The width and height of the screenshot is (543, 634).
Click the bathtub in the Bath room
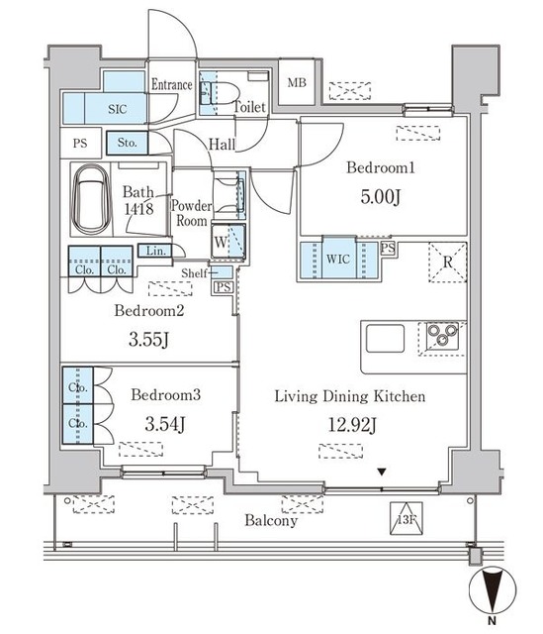[91, 199]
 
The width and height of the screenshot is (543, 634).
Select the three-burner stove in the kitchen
[442, 336]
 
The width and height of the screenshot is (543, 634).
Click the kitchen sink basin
[385, 338]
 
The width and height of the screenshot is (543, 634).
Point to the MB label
[297, 83]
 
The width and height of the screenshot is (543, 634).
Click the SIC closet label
[117, 109]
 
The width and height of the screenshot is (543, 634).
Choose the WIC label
[338, 259]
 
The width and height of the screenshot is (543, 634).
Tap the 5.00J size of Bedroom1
[381, 197]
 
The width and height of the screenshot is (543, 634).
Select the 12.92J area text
[352, 425]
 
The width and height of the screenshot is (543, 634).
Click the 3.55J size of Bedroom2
[148, 339]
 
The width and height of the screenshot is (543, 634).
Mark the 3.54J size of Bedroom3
[165, 424]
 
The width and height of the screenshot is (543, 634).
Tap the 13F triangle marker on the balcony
[407, 519]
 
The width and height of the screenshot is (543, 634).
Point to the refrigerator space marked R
[448, 262]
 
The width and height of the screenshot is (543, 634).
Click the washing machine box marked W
[228, 241]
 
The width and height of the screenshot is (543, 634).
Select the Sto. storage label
[127, 143]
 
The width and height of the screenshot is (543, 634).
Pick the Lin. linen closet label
[156, 251]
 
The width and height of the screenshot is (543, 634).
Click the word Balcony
[271, 520]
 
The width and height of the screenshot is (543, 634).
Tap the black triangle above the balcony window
[382, 472]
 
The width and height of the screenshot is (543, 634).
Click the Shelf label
[194, 273]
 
